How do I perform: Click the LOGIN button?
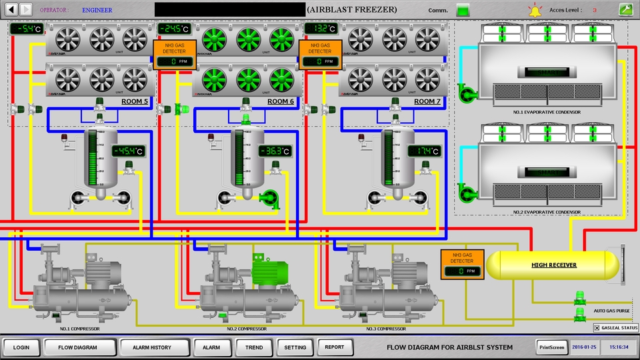pos(21,347)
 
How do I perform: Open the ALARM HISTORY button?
pos(151,347)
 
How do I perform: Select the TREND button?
pos(254,347)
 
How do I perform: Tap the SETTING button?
pos(295,347)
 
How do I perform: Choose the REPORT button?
pos(335,347)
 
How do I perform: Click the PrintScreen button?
pos(551,347)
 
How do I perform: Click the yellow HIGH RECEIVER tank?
pos(553,265)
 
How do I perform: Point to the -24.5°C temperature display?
pos(174,29)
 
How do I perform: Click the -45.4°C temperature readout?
pos(127,151)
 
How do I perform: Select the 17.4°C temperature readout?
pos(424,151)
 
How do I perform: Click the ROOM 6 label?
pos(281,101)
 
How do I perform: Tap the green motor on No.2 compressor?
pos(270,272)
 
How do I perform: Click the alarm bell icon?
pos(535,10)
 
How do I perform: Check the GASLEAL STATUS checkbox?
pos(597,327)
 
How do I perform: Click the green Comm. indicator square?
pos(462,10)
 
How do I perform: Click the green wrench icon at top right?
pos(625,9)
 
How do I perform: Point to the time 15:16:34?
pos(619,347)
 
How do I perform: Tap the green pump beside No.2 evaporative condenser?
pos(467,193)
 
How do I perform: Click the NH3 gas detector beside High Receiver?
pos(461,263)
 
